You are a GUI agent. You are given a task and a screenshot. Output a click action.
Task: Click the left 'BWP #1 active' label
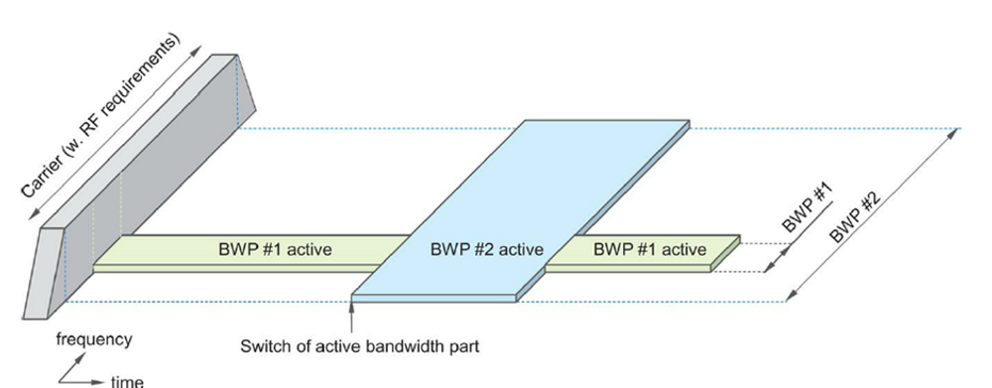tap(275, 249)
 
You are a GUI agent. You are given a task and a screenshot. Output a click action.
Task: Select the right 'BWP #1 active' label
tap(650, 249)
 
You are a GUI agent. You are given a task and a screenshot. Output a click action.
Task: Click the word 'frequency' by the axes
tap(93, 339)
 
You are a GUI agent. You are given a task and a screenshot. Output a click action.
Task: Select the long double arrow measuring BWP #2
tap(873, 213)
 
